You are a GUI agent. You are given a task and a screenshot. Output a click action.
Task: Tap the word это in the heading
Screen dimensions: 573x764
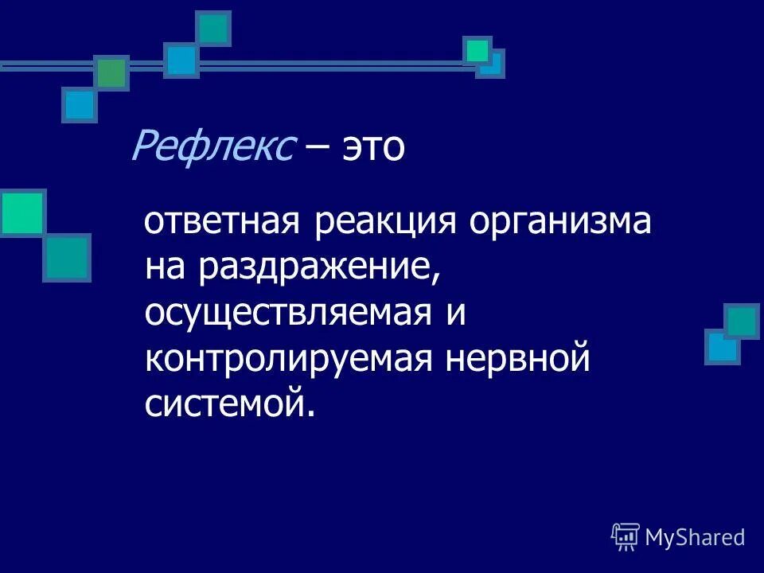(374, 149)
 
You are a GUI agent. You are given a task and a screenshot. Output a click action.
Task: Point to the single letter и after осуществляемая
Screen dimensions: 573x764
(454, 314)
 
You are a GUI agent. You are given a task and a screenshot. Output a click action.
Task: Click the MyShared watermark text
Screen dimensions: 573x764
(695, 538)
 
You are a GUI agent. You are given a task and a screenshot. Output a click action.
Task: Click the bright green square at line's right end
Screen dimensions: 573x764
(477, 51)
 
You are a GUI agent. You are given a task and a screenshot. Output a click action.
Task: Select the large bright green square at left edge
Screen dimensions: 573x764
(21, 212)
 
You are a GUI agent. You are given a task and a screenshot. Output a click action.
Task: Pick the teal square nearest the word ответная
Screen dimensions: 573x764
(67, 258)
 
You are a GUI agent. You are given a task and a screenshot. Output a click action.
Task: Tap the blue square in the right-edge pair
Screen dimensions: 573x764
(721, 347)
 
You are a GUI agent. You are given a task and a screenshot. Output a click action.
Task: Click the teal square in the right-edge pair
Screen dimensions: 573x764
(742, 322)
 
